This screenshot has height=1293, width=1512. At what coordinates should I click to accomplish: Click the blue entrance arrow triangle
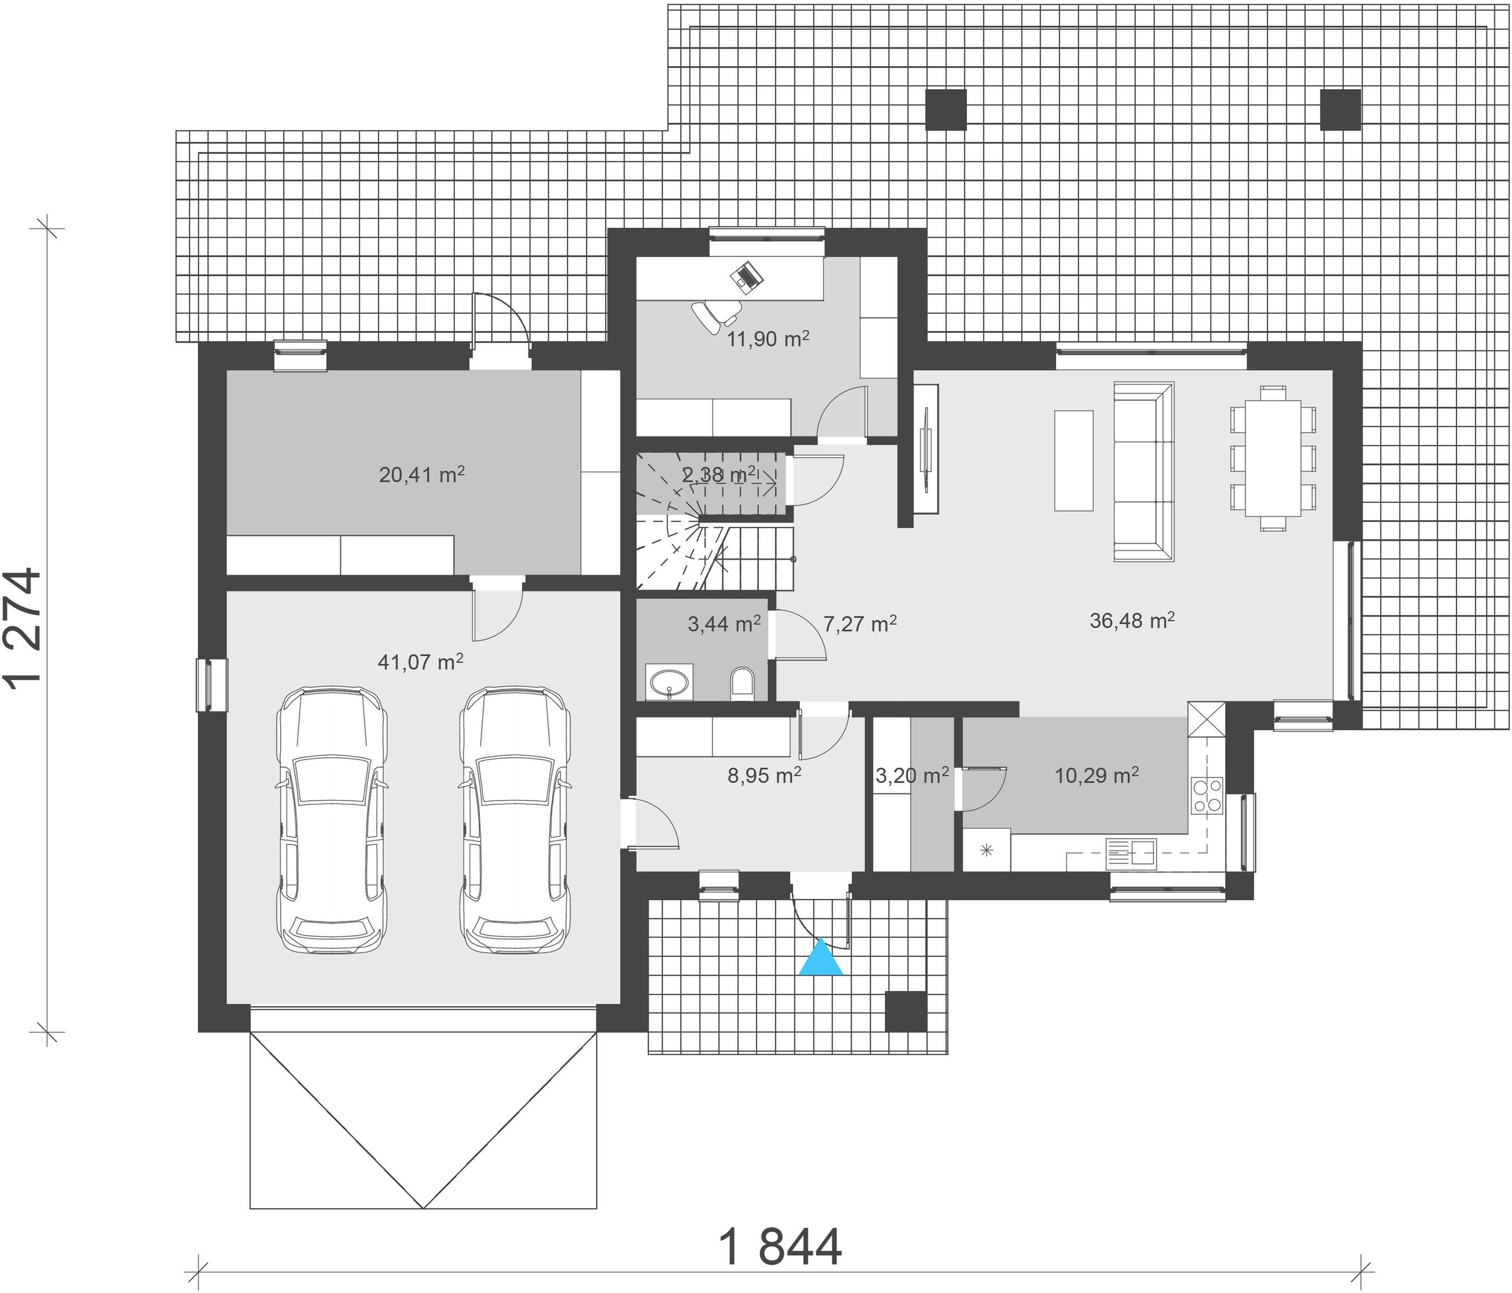[x=820, y=958]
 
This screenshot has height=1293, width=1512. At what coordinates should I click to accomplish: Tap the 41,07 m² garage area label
[x=421, y=662]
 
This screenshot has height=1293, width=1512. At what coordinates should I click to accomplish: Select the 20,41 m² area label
[x=422, y=475]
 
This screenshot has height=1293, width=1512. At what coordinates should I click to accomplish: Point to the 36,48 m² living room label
[x=1132, y=620]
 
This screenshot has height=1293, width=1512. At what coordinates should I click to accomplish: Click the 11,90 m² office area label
[x=768, y=339]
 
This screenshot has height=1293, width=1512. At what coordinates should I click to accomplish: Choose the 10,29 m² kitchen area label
[x=1097, y=775]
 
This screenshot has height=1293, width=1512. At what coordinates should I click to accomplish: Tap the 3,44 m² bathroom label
[x=725, y=623]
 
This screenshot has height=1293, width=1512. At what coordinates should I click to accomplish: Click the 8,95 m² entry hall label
[x=764, y=775]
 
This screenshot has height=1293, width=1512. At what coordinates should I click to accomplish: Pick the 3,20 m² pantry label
[x=912, y=775]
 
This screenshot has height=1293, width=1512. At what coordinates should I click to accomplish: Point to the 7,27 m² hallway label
[x=859, y=623]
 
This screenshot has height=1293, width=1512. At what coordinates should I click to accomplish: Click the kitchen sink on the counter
[x=1131, y=853]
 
